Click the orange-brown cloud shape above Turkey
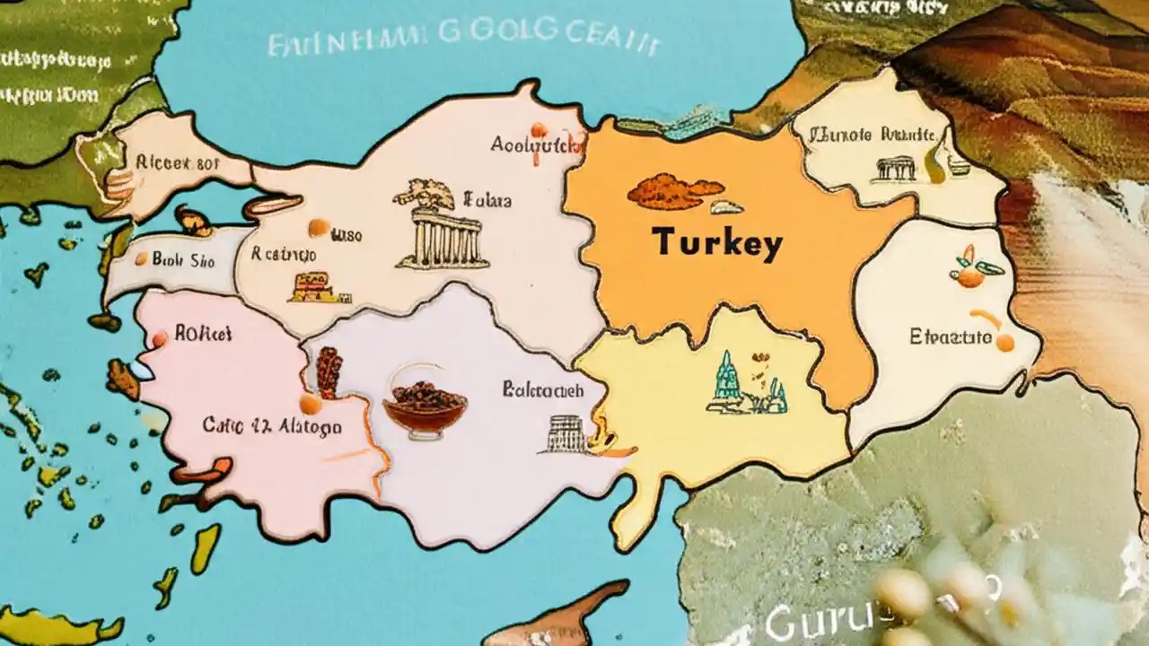coord(674,191)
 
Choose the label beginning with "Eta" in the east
coord(951,337)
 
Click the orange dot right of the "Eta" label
coord(1004,342)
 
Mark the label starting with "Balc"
coord(542,390)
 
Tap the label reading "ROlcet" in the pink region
coord(203,335)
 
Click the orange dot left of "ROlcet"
coord(160,339)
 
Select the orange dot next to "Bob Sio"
coord(141,259)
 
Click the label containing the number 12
coord(271,425)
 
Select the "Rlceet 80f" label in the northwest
coord(164,162)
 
